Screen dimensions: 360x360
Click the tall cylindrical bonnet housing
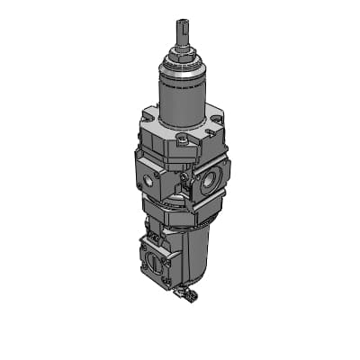point(179,99)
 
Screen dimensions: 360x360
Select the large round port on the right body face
point(209,180)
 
